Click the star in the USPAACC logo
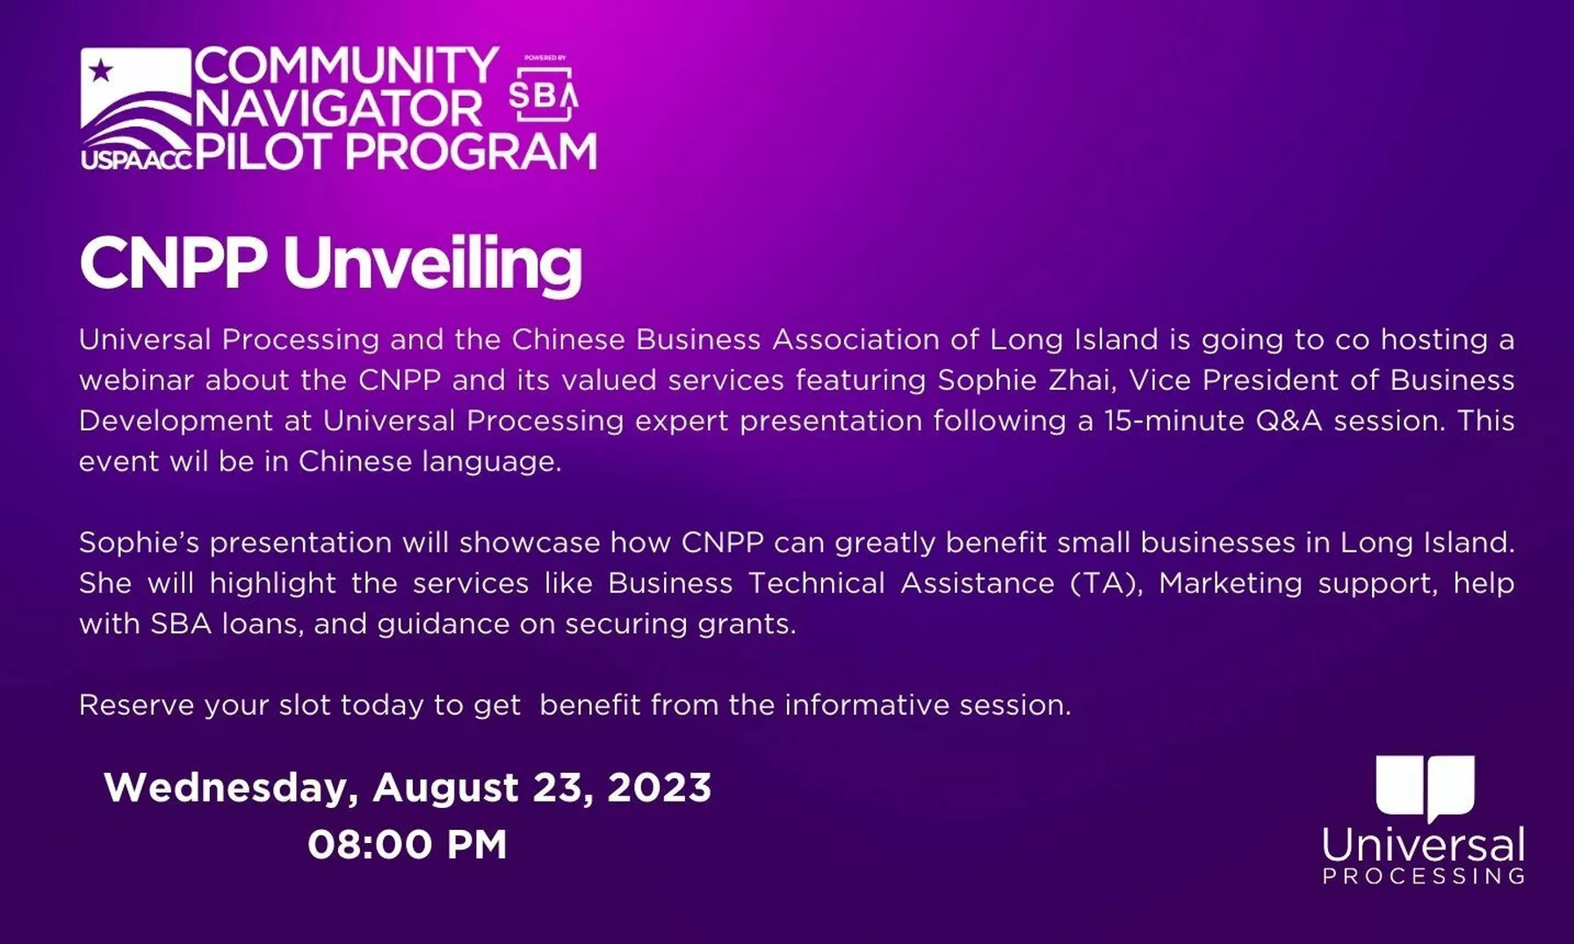[x=101, y=69]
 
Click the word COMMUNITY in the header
[x=346, y=66]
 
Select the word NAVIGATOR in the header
[x=339, y=109]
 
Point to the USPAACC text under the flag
[x=136, y=159]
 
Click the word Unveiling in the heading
[x=432, y=263]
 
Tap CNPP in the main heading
[x=173, y=263]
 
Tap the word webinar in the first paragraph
[x=136, y=380]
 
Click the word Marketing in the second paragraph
[x=1231, y=584]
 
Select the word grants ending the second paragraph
[x=747, y=624]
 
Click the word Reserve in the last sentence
[x=136, y=705]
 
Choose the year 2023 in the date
[x=659, y=787]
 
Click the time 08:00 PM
[x=408, y=845]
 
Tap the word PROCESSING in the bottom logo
[x=1424, y=876]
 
